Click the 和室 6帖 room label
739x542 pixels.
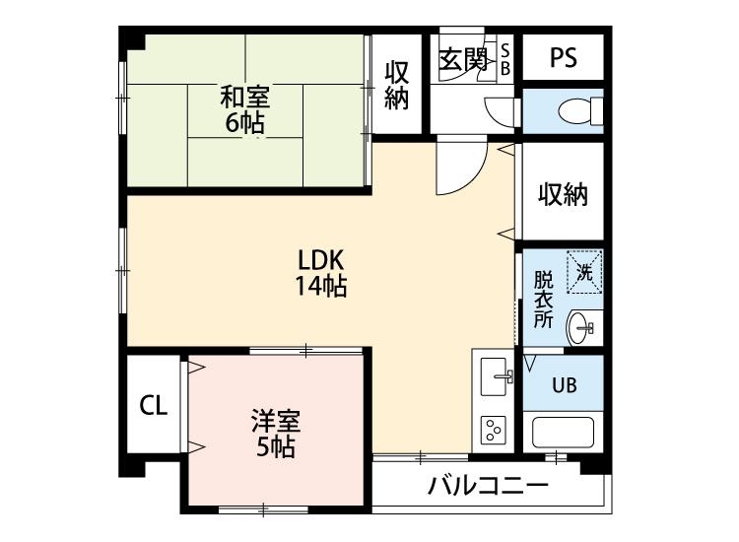pos(244,109)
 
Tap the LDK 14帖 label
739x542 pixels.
pos(320,273)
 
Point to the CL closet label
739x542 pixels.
pos(153,405)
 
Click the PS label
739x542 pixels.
pos(563,58)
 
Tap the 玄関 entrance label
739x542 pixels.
pos(462,59)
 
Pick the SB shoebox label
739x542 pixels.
pos(505,58)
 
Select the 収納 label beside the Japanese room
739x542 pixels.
pos(396,86)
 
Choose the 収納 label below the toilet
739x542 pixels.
pos(563,194)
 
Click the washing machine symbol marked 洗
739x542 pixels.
pos(584,269)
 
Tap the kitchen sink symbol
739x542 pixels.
pos(495,374)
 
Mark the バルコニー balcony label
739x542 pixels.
pos(488,486)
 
